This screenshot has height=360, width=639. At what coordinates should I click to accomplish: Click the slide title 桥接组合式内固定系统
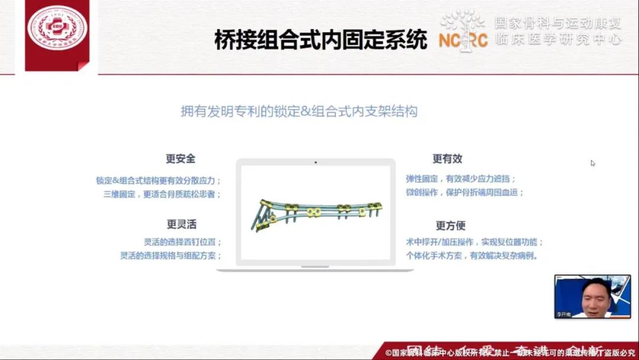coord(320,40)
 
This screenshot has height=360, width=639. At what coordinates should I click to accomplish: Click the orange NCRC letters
coord(463,40)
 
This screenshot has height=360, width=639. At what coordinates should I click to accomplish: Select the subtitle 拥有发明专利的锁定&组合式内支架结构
coord(299,111)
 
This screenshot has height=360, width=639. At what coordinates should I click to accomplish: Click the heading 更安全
coord(180,159)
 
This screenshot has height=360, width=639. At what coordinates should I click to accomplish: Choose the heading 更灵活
coord(181,224)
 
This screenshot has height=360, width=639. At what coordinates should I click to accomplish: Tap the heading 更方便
coord(450,226)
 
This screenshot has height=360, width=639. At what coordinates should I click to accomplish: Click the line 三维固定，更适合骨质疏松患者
coord(162,194)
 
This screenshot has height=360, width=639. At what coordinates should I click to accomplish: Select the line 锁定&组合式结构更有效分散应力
coord(159,181)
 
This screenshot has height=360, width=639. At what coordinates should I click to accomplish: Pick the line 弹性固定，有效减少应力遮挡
coord(460,178)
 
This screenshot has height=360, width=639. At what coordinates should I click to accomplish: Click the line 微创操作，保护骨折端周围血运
coord(464,192)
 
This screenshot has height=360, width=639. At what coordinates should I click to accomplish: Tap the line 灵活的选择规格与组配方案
coord(171,256)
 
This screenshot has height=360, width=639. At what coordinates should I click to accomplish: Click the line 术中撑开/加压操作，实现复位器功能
coord(475,242)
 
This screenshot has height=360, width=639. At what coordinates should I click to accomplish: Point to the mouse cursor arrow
coord(592,163)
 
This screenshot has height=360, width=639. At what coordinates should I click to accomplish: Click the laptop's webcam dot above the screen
coord(315,162)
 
